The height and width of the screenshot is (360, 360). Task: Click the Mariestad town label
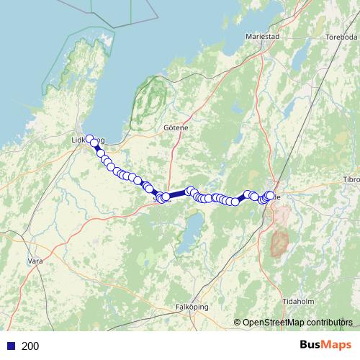point(261,35)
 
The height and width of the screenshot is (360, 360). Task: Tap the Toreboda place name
point(341,37)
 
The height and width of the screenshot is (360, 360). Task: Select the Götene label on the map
point(176,127)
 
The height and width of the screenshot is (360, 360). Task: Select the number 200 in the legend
point(31,346)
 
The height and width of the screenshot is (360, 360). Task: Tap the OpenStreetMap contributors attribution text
point(297,323)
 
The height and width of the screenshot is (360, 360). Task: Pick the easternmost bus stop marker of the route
point(271,194)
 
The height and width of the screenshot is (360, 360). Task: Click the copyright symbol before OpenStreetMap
point(238,323)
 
